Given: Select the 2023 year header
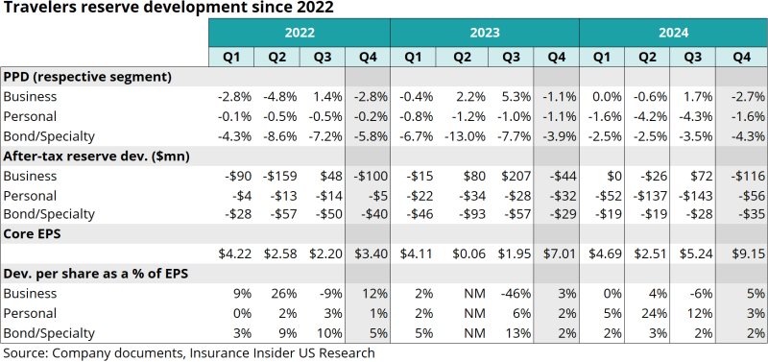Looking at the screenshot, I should [484, 34].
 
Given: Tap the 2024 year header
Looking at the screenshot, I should [673, 34].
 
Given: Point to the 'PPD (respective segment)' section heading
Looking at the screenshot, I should [87, 76].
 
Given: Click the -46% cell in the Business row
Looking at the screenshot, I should [510, 294].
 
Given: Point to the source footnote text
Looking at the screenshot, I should [188, 352].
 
